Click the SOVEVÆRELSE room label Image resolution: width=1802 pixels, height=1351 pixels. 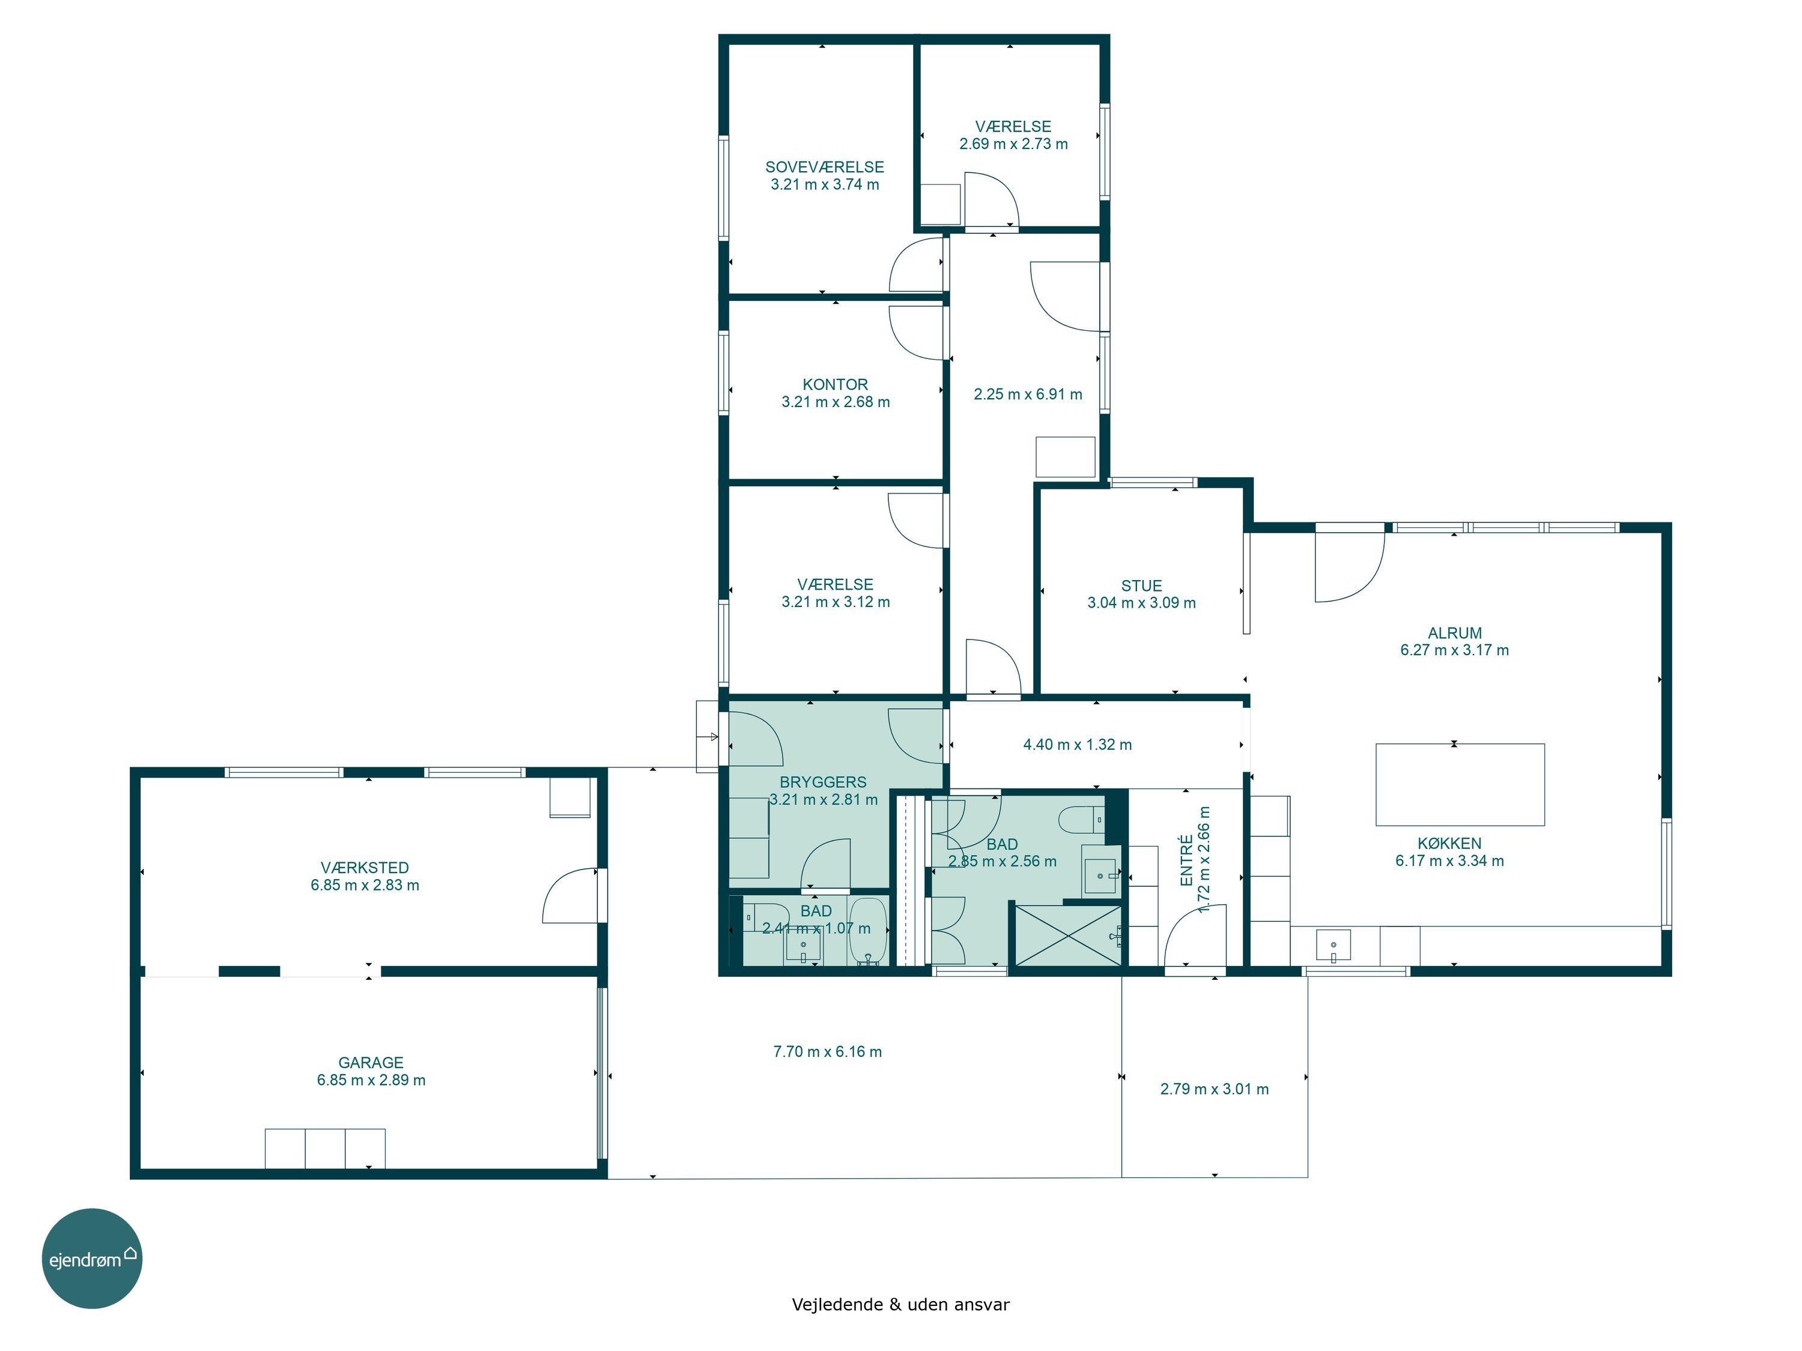825,167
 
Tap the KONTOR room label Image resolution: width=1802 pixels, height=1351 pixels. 835,384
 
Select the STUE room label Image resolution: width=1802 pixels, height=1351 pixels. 1141,585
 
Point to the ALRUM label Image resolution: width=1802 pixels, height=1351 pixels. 1454,633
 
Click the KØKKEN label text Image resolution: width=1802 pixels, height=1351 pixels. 1449,844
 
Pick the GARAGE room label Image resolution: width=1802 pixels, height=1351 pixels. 371,1063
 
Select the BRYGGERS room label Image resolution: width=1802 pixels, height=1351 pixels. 823,782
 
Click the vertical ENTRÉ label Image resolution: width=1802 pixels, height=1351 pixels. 1186,859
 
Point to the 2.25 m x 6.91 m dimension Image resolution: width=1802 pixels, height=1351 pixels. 1028,394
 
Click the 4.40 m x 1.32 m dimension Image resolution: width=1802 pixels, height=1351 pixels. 1077,745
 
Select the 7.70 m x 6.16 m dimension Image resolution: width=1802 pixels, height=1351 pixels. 827,1051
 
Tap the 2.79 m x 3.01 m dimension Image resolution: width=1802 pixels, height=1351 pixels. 1214,1089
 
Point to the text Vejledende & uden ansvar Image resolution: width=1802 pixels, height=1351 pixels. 900,1305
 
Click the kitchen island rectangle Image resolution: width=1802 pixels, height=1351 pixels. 1460,784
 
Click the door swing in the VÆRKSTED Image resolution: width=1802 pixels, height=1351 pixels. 570,896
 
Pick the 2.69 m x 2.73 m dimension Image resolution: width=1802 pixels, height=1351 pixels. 1013,144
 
